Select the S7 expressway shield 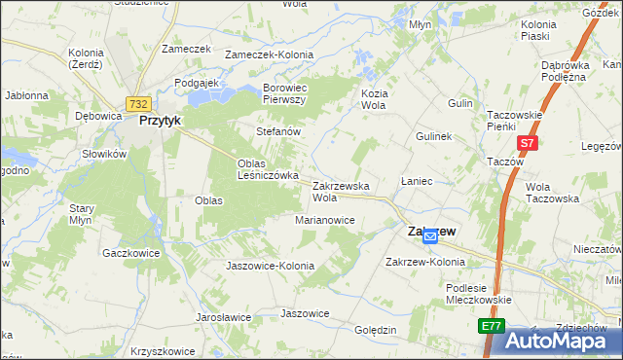pos(527,143)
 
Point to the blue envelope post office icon pos(429,236)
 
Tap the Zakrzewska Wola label pos(341,191)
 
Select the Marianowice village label pos(325,220)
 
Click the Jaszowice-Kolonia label pos(270,266)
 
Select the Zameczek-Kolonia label pos(267,55)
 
